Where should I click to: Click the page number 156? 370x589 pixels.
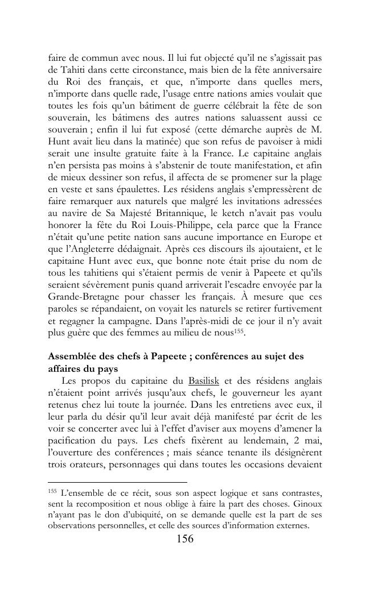point(184,540)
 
